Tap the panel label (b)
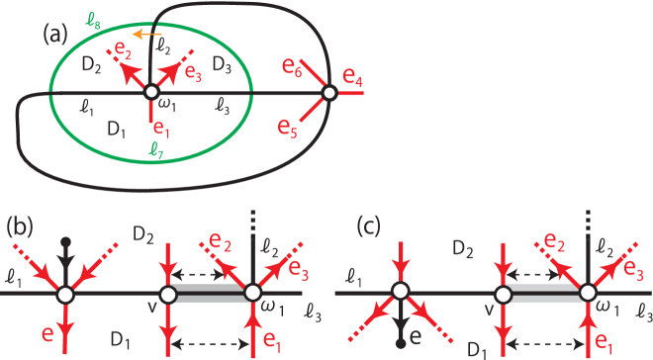tap(20, 225)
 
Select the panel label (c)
tap(369, 225)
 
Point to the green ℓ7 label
tap(155, 150)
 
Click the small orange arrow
tap(144, 35)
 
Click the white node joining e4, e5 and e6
tap(329, 94)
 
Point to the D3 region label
tap(221, 66)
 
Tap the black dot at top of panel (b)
tap(65, 240)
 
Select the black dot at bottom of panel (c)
tap(400, 345)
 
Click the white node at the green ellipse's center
tap(150, 92)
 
